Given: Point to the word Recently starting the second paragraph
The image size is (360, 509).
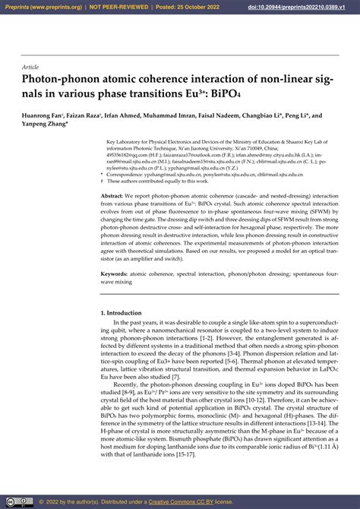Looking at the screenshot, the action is point(127,385).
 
